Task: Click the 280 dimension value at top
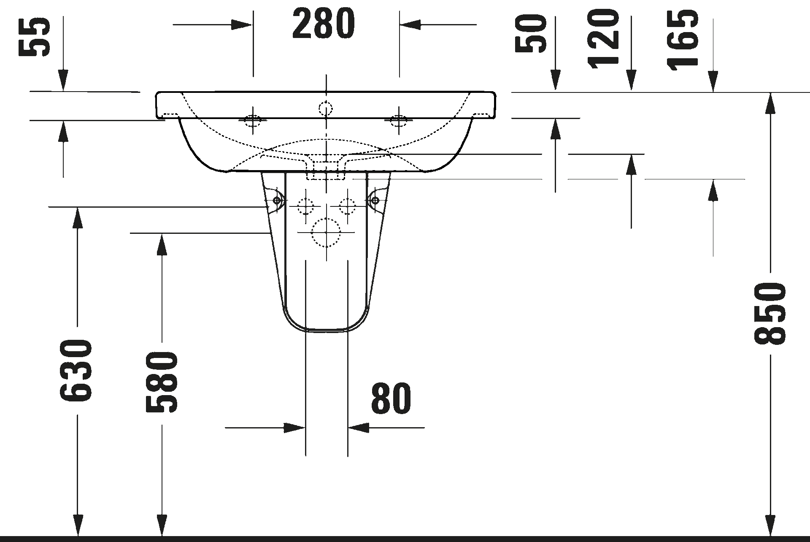324,24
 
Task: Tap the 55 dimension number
35,37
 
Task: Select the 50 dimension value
531,34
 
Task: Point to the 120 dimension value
604,39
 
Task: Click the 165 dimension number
683,40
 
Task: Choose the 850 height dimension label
770,314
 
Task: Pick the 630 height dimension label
76,370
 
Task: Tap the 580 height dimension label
162,382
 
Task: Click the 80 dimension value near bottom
391,398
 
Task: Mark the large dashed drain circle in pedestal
326,233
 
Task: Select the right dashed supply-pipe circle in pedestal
347,206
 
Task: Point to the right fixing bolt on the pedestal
374,201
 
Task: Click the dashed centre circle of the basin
326,108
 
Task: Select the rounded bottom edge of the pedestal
326,329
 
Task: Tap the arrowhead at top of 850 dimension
770,103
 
